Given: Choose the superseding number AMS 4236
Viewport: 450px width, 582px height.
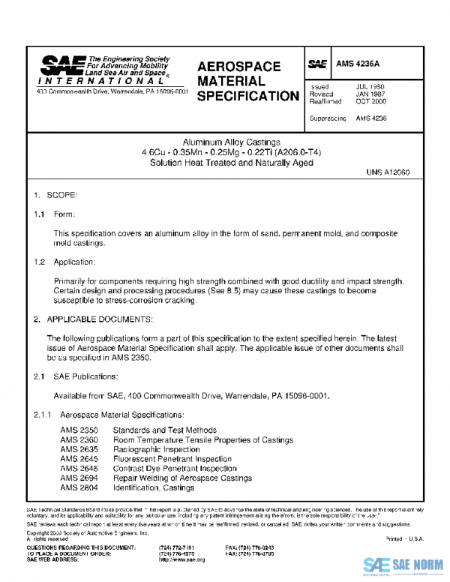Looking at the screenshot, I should [x=371, y=118].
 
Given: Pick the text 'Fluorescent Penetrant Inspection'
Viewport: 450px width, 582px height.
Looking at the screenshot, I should [x=172, y=459].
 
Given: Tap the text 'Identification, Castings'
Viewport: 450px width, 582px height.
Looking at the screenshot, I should [x=153, y=487].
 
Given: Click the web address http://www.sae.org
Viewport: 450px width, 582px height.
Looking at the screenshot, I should [x=182, y=559].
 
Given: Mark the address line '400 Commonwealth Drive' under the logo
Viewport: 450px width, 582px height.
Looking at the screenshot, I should [x=112, y=91].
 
